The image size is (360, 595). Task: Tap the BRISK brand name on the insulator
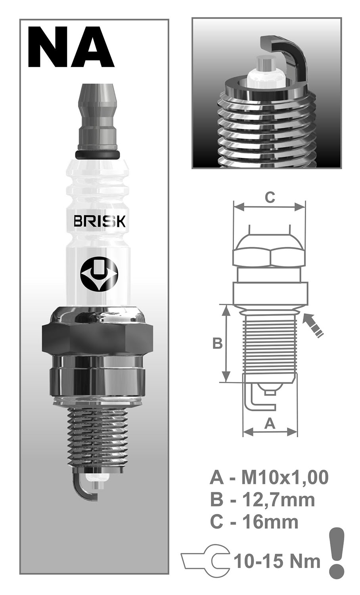click(99, 221)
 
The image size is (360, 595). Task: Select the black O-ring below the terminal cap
click(98, 154)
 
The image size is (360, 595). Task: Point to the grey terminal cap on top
click(98, 117)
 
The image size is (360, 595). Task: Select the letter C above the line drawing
click(270, 198)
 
